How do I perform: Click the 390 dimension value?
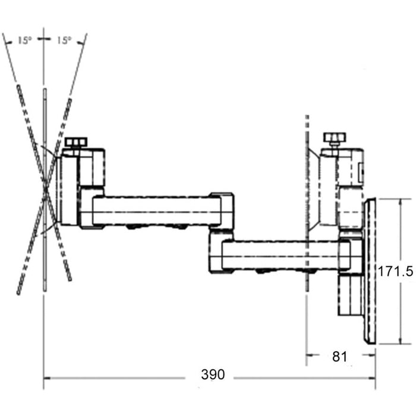[213, 375]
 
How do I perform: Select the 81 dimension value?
[339, 357]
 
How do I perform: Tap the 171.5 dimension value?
[396, 272]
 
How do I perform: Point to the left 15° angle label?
[24, 40]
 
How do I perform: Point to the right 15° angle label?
[64, 40]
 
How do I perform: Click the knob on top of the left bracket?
[76, 143]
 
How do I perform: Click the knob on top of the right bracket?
[334, 139]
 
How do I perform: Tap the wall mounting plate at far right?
[370, 271]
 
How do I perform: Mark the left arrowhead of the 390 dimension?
[46, 377]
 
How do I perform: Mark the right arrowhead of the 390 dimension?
[373, 377]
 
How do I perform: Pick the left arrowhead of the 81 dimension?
[309, 357]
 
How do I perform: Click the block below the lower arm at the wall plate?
[350, 294]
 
